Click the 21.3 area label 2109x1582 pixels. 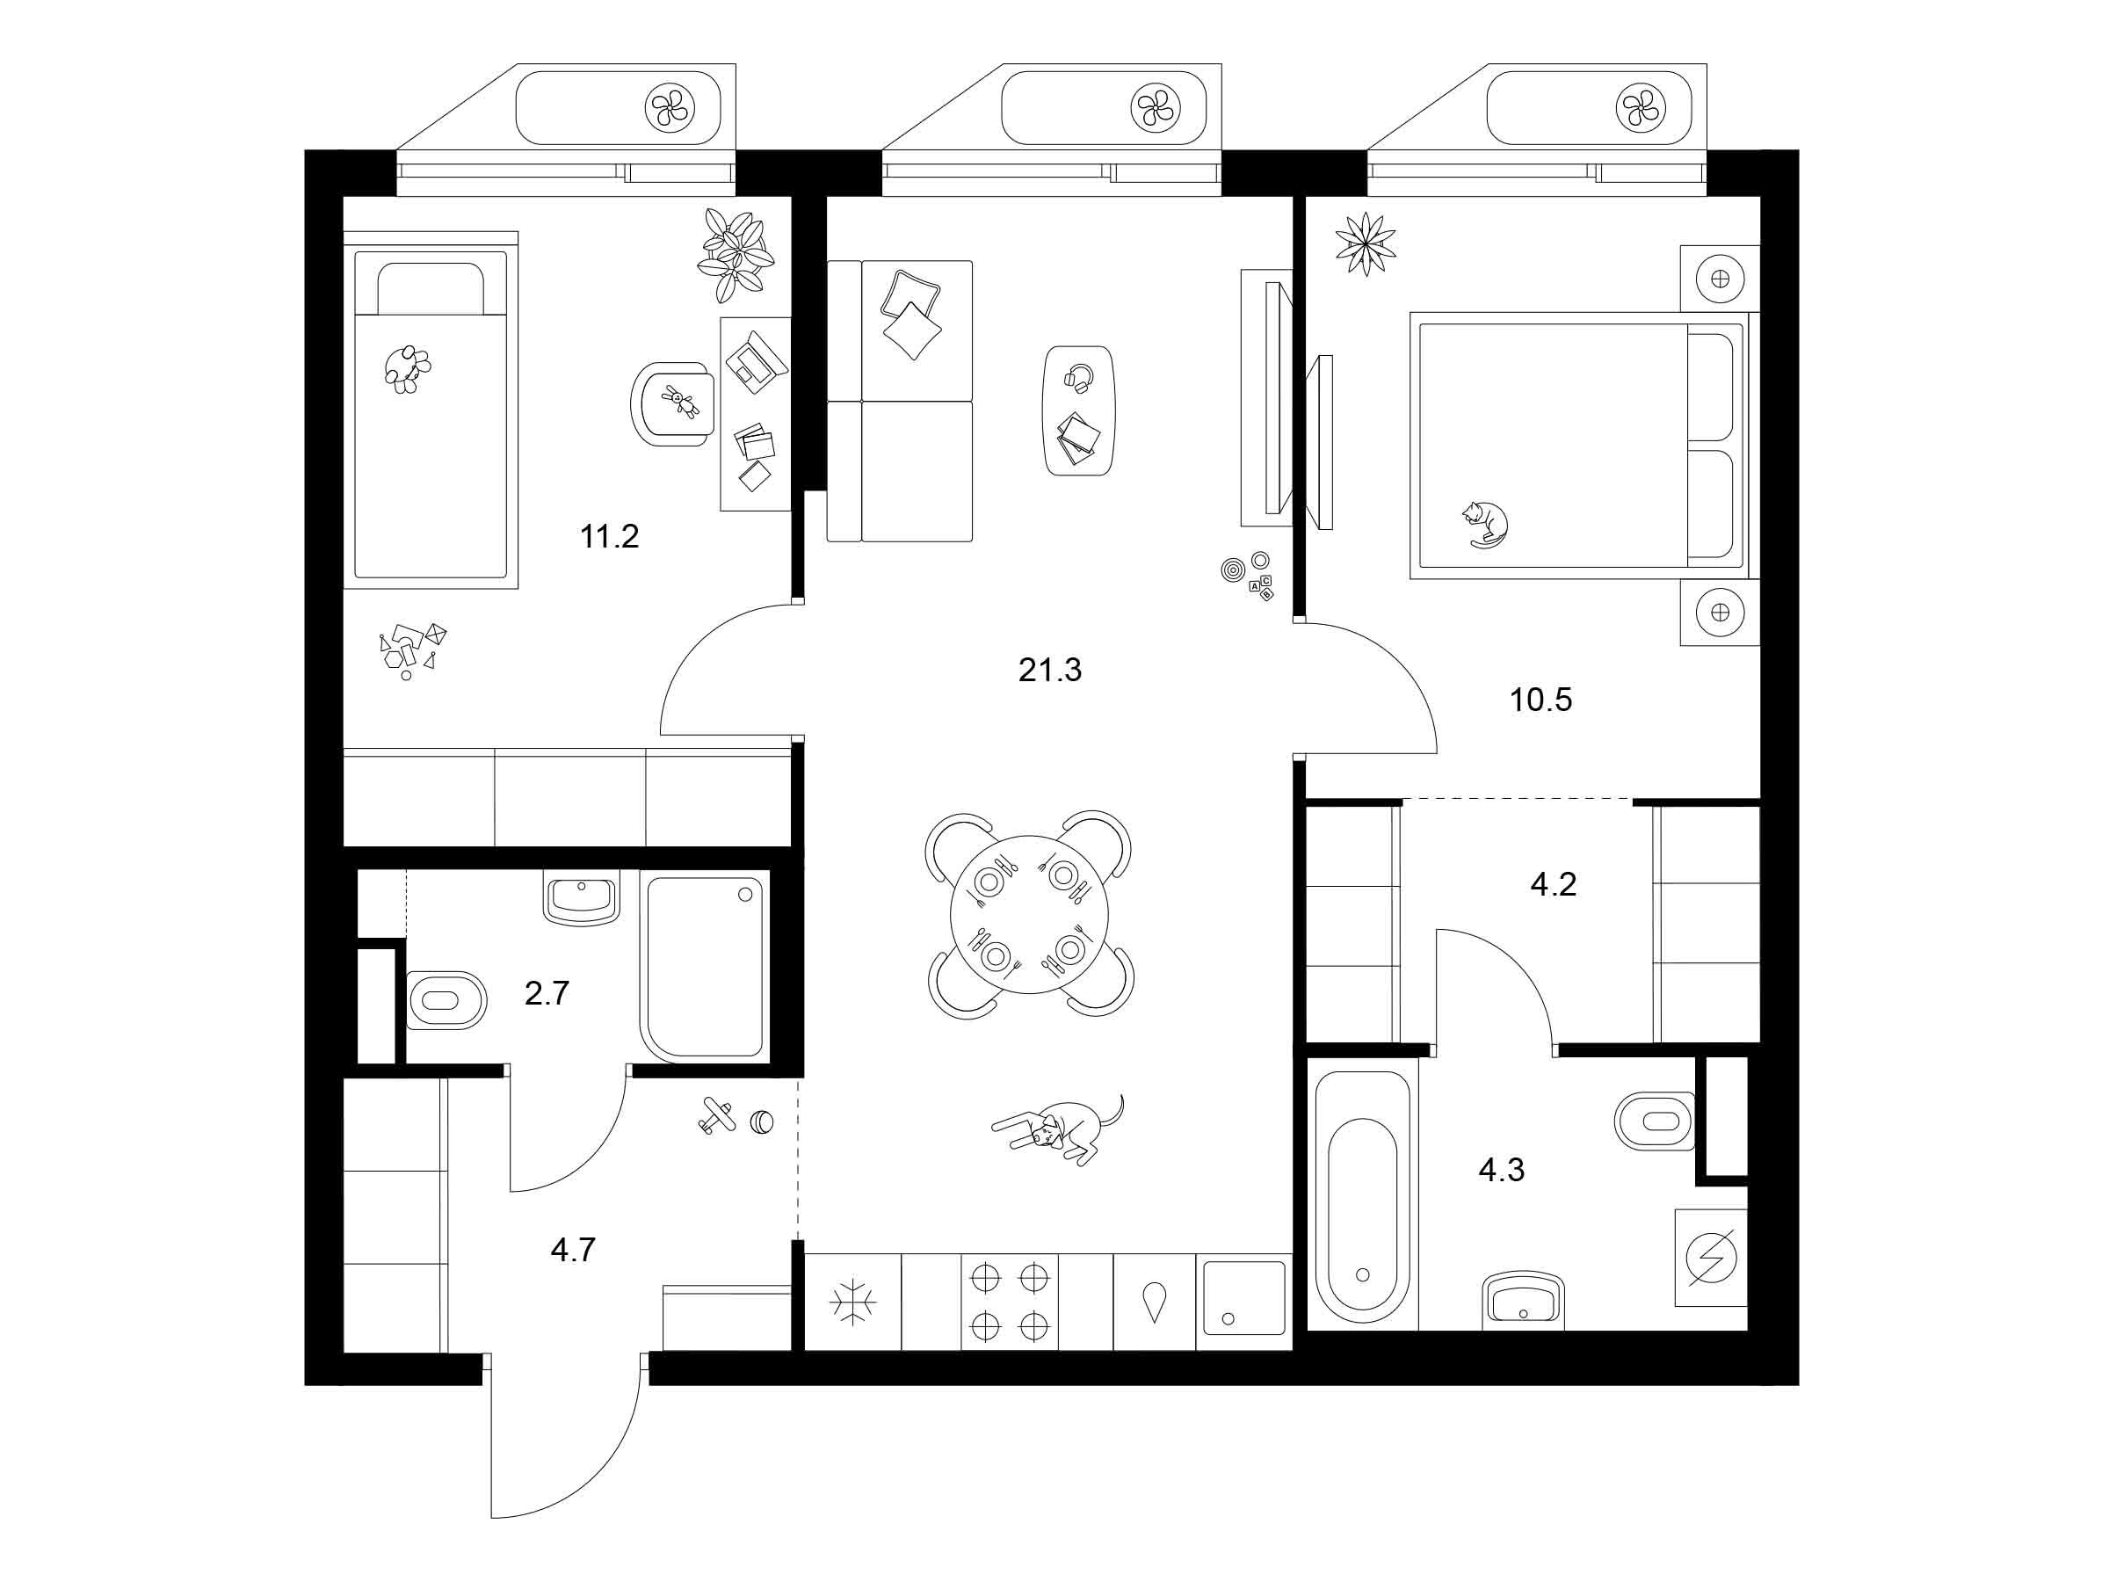pos(1050,671)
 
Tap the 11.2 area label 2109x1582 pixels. pos(609,537)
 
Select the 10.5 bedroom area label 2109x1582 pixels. pos(1540,700)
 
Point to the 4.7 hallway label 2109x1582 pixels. pos(573,1249)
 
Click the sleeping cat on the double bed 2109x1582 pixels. pos(1484,524)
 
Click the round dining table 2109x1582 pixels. pos(1030,913)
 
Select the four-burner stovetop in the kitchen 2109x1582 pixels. pos(1009,1301)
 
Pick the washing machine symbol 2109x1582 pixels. pos(1712,1259)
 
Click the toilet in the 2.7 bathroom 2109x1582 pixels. pos(446,1000)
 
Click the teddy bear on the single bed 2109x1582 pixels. pos(407,369)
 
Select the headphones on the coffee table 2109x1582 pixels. pos(1078,379)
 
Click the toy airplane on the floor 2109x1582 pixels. pos(715,1115)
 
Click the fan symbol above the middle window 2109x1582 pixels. pos(1155,107)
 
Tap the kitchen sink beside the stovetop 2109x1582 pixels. pos(1243,1298)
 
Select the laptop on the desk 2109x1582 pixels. pos(756,360)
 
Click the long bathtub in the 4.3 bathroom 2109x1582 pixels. pos(1361,1197)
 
